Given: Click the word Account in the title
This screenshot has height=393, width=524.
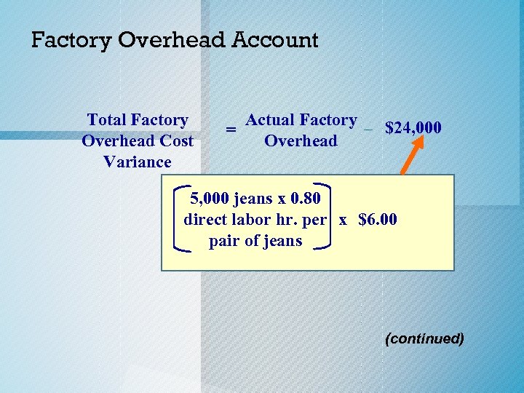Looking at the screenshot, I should (x=275, y=40).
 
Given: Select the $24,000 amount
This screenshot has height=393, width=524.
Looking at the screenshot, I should (x=413, y=129).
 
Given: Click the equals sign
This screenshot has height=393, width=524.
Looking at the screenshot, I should (x=230, y=130).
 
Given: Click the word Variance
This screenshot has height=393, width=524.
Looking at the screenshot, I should (x=138, y=162).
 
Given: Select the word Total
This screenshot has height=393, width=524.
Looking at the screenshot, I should (x=108, y=120).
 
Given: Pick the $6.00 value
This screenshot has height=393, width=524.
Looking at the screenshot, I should (x=378, y=219).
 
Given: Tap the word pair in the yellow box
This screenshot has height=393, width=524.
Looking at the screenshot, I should (x=223, y=240).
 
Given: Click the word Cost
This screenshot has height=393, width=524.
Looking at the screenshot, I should (x=177, y=141).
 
